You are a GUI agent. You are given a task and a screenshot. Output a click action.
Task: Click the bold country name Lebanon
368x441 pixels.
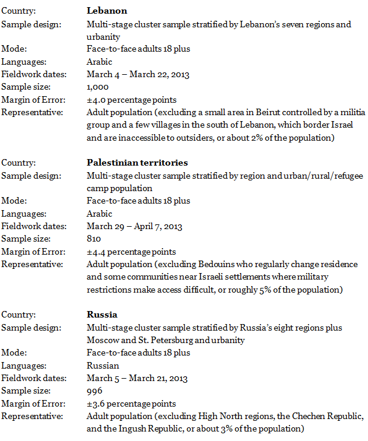107,11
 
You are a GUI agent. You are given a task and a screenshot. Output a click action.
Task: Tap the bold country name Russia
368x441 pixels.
102,315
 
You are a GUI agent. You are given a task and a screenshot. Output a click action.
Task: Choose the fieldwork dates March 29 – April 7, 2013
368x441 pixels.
134,226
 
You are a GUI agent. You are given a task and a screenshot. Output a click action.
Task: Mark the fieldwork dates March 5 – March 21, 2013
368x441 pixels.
137,378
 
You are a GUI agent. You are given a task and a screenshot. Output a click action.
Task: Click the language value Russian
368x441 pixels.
103,366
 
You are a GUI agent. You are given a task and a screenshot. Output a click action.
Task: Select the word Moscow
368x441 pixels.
102,340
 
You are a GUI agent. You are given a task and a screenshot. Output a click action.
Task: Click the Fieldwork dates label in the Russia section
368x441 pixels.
34,378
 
